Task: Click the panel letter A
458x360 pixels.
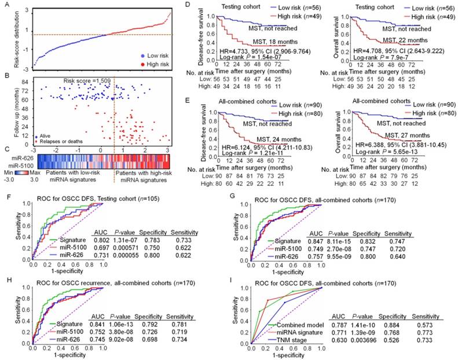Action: point(5,6)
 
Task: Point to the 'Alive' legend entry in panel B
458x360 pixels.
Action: point(48,135)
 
